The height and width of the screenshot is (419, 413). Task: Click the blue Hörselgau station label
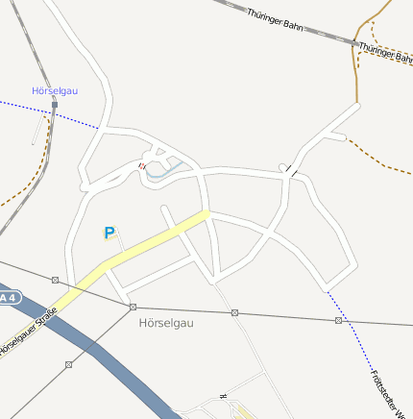(x=55, y=90)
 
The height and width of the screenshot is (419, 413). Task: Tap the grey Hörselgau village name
(x=166, y=323)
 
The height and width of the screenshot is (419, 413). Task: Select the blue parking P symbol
(x=109, y=233)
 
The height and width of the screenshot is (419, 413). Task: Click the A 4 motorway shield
(x=8, y=298)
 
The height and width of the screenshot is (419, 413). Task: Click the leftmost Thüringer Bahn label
(x=275, y=20)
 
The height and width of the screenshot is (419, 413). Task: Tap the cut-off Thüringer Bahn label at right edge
(x=386, y=52)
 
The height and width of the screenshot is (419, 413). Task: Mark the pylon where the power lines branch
(x=133, y=307)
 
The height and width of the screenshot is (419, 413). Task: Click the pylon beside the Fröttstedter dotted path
(x=338, y=320)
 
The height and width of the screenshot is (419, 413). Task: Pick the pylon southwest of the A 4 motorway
(x=68, y=365)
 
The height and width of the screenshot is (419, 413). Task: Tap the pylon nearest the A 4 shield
(x=56, y=281)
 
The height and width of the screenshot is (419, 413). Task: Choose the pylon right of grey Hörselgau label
(x=234, y=312)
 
